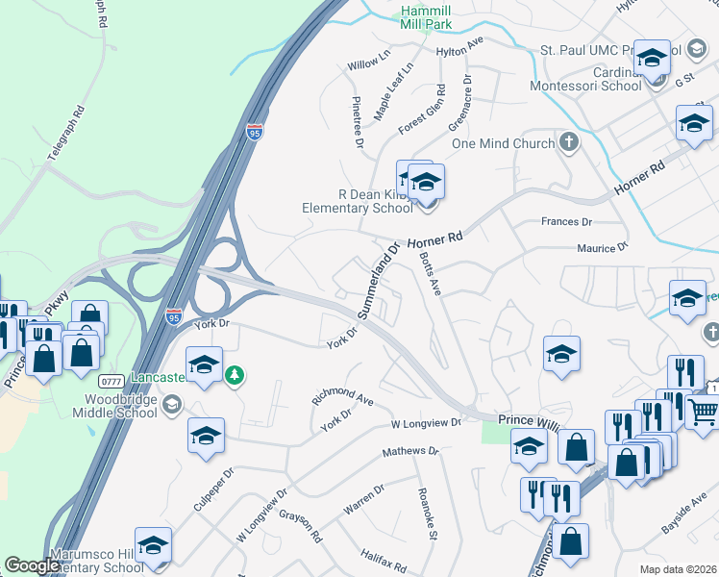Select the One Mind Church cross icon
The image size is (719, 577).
click(x=569, y=143)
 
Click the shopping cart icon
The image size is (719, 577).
click(x=704, y=412)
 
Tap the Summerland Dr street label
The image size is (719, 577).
click(x=379, y=280)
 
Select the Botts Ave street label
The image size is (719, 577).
click(x=430, y=274)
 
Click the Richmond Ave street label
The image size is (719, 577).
click(x=341, y=398)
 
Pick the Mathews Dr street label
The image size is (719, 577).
click(x=409, y=450)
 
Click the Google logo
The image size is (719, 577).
click(x=32, y=565)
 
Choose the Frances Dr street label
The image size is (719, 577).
click(x=566, y=221)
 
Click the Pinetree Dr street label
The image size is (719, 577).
click(x=358, y=121)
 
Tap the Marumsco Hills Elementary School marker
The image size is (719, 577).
click(x=154, y=545)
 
